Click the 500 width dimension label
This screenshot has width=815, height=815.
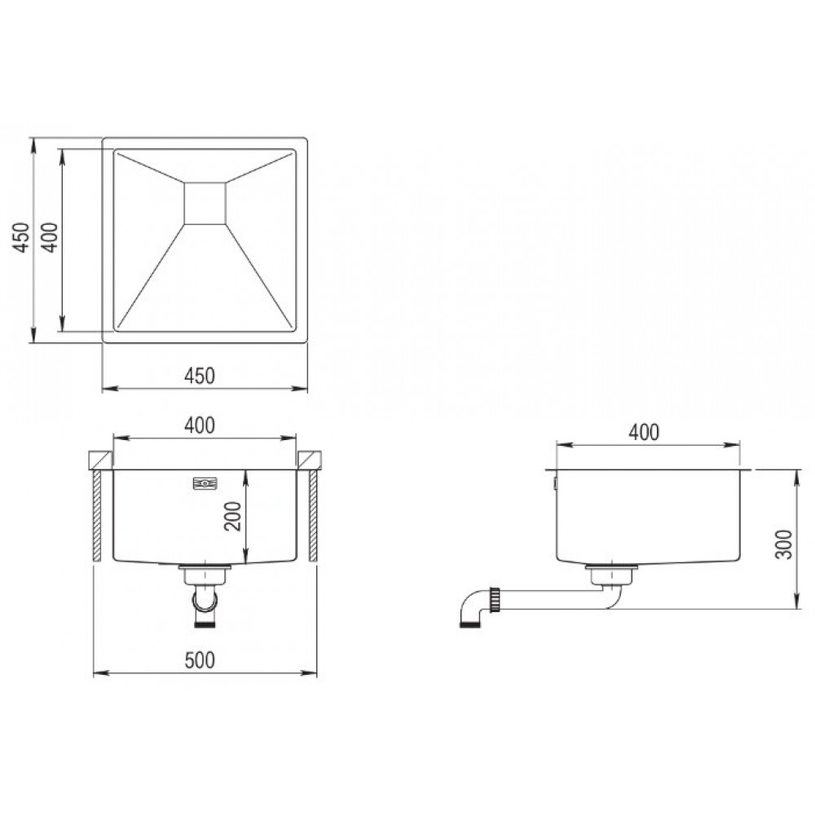(x=200, y=660)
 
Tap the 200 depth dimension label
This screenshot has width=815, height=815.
(x=233, y=516)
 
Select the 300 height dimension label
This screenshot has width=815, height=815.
(x=784, y=544)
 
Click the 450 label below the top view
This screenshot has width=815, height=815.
(x=200, y=376)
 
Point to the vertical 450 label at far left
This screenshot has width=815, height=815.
(x=21, y=237)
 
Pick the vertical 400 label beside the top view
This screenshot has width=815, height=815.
(x=50, y=237)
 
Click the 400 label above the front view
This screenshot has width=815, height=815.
(x=200, y=425)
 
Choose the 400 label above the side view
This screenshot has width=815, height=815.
(x=644, y=432)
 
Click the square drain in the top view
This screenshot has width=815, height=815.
(x=205, y=203)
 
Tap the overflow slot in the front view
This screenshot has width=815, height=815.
(x=205, y=484)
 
